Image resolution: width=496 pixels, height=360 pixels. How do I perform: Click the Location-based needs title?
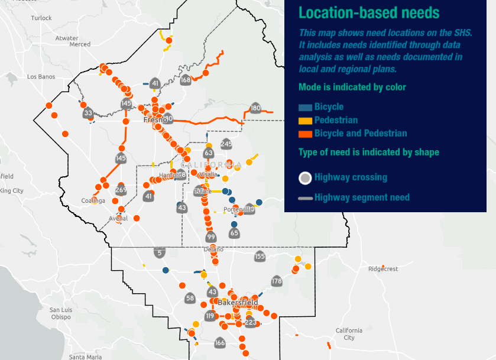pos(369,12)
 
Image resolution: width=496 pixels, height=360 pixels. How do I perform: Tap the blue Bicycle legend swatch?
pos(305,107)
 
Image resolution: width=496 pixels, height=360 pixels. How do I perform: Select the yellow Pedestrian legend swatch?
pos(305,121)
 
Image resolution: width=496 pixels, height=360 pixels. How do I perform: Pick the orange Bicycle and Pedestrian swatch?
pos(305,134)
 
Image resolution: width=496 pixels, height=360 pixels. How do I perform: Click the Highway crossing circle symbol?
pos(305,177)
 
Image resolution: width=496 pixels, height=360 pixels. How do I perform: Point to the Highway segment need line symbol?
pos(305,198)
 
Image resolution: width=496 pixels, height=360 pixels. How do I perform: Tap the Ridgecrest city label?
pos(383,268)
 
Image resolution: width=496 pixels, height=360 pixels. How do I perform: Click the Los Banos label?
pos(40,77)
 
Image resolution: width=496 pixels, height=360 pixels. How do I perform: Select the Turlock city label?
pos(41,18)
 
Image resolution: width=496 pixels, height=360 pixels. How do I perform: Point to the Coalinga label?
pos(93,201)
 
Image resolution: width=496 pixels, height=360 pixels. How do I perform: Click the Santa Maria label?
pos(86,356)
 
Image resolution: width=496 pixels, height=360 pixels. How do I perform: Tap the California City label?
pos(349,334)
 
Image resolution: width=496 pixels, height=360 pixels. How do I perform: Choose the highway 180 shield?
pos(255,108)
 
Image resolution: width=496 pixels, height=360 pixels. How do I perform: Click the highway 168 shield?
pos(186,80)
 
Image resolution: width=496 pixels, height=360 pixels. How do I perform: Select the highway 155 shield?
pos(260,257)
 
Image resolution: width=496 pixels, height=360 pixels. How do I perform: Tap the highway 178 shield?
pos(277,281)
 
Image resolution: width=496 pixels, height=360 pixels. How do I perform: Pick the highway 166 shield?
pos(220,343)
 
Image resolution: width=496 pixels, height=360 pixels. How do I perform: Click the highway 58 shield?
pos(190,298)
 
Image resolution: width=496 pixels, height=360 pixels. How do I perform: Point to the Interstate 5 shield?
pos(159,253)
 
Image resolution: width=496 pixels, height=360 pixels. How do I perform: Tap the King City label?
pos(12,191)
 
